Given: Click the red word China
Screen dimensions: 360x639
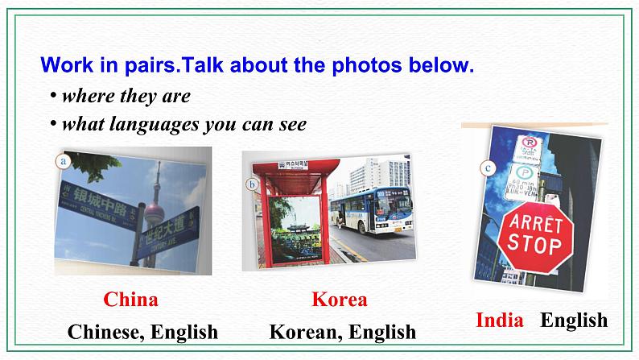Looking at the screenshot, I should pyautogui.click(x=130, y=300).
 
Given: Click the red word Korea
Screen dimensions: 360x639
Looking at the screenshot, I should pyautogui.click(x=339, y=300).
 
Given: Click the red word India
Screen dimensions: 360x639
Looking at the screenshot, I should pyautogui.click(x=500, y=321).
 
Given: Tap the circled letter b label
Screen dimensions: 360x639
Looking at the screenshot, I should pyautogui.click(x=252, y=184).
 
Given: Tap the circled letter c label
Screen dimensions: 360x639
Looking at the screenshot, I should pyautogui.click(x=487, y=168).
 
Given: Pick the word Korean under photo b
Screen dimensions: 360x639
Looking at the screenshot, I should pyautogui.click(x=302, y=332).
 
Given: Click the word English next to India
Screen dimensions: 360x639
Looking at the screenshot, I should pyautogui.click(x=573, y=321).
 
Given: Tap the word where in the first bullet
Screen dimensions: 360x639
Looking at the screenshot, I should pyautogui.click(x=86, y=97).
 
